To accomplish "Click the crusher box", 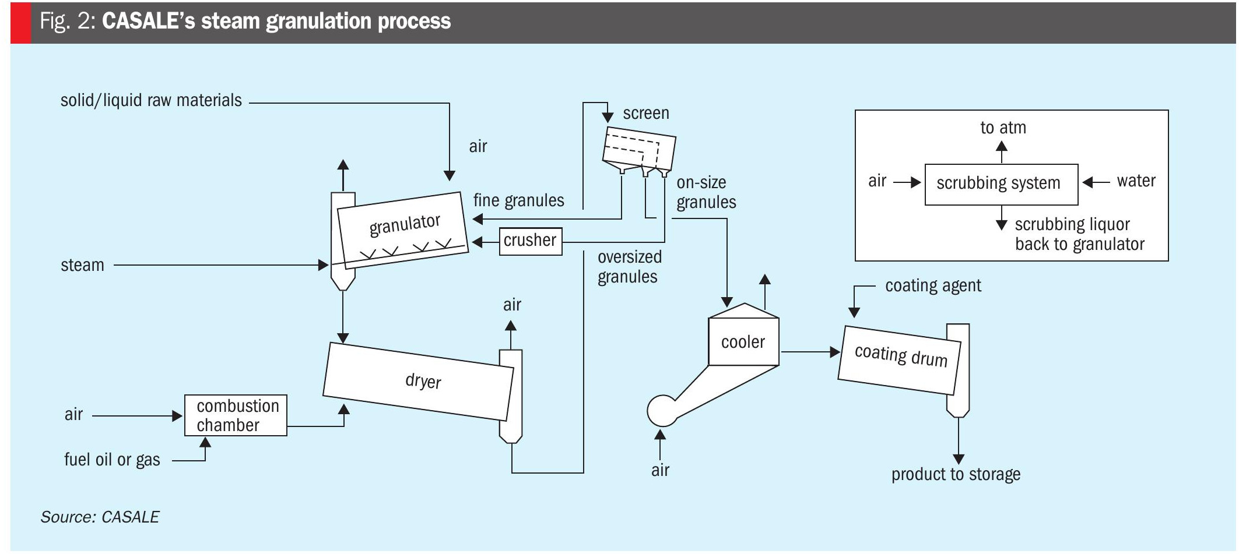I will [x=530, y=241].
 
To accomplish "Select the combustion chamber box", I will [x=236, y=415].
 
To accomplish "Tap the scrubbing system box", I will [x=1001, y=184].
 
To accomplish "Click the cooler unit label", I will [x=743, y=342].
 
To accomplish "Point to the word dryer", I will [x=423, y=381].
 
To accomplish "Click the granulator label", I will [x=405, y=224].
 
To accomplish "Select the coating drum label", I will [x=901, y=355].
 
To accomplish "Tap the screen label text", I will [x=645, y=113].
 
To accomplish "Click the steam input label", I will [x=82, y=265].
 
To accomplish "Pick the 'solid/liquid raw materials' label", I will [x=151, y=100].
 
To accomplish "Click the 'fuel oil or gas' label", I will [x=112, y=460].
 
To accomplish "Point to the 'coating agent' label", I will [x=933, y=285].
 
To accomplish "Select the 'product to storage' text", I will [x=956, y=474].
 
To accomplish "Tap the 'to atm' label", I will [x=1003, y=128].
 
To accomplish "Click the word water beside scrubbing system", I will [x=1136, y=181].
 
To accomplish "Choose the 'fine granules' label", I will [x=518, y=200].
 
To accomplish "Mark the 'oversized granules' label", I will [x=629, y=267].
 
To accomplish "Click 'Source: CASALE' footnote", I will [x=100, y=517].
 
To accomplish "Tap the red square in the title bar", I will [x=20, y=22].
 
